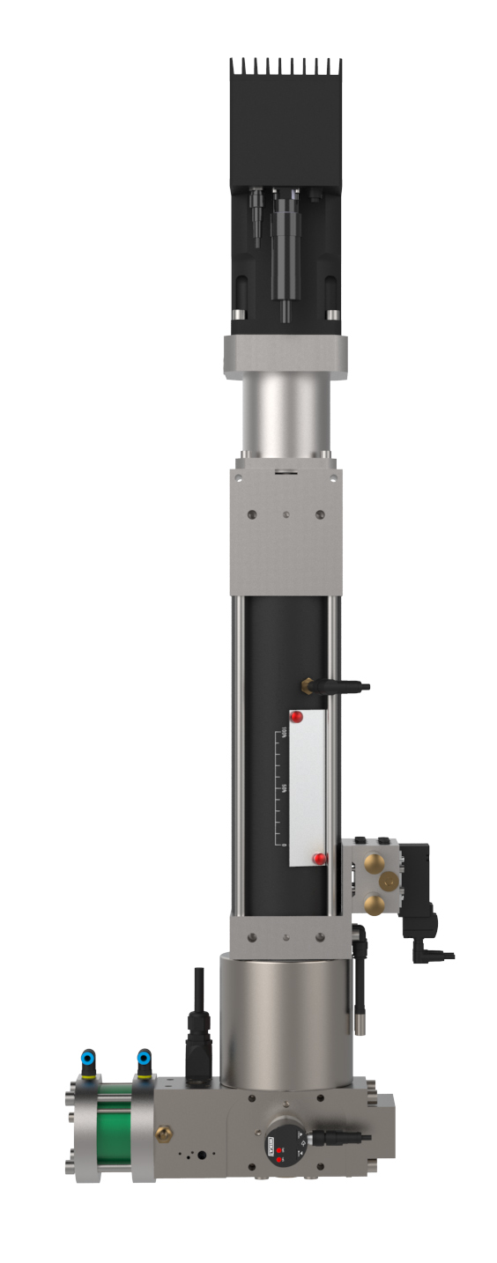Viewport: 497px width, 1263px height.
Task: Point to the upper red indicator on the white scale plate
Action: [x=297, y=716]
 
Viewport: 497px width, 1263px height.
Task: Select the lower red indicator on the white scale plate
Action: [x=319, y=858]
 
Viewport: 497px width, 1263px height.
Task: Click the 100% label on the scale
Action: [x=285, y=734]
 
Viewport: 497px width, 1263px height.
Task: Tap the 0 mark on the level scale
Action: [x=285, y=844]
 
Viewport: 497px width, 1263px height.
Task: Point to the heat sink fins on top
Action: [x=286, y=69]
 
